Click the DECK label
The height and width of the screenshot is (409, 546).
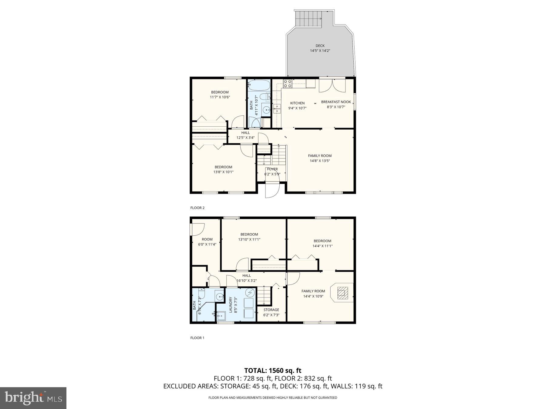[320, 46]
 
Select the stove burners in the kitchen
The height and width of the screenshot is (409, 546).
[287, 83]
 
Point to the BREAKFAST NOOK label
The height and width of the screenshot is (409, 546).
[336, 102]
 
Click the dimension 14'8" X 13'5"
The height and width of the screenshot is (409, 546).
[320, 161]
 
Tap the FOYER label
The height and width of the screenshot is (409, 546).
[272, 169]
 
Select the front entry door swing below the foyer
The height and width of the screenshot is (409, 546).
[272, 190]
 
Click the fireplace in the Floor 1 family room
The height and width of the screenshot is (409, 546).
[343, 293]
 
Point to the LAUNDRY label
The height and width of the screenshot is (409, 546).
[231, 305]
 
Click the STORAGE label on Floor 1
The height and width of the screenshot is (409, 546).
[271, 310]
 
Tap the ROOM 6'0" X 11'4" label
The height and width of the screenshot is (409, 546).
[207, 241]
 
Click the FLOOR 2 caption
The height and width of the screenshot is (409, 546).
[197, 208]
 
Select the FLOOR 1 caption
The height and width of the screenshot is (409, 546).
[197, 338]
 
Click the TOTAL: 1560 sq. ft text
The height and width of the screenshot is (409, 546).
[273, 370]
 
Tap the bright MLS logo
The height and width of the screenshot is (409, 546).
[33, 398]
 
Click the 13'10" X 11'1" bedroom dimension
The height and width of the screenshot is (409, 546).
[249, 239]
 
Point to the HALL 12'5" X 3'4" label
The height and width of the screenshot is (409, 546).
[245, 135]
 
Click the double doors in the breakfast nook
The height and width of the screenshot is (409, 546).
[332, 86]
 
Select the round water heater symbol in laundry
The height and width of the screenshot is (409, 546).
[250, 293]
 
